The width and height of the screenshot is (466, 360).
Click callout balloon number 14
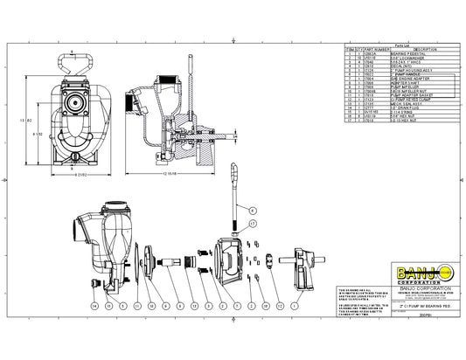[x=94, y=307]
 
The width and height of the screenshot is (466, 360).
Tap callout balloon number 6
[x=254, y=211]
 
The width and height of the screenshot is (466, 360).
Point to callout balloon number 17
[x=254, y=225]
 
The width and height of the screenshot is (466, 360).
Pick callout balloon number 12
[x=280, y=307]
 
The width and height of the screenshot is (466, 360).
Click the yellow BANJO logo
[x=397, y=261]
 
